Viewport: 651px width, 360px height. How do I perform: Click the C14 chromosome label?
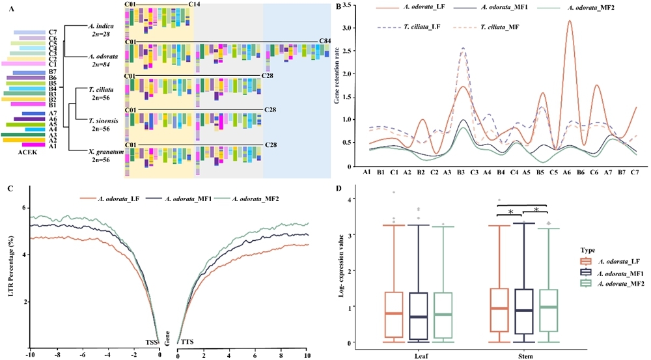(x=194, y=5)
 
